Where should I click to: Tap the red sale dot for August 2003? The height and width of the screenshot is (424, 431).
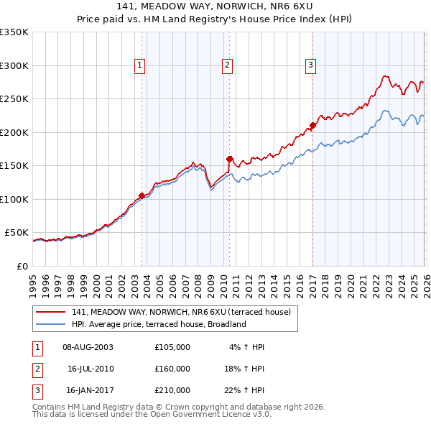142,195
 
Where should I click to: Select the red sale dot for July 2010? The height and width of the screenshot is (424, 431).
229,159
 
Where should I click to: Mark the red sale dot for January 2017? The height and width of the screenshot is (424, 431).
312,126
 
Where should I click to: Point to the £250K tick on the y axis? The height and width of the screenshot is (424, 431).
14,99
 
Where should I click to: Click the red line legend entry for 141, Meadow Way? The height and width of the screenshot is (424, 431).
180,312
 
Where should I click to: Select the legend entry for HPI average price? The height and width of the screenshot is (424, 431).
158,324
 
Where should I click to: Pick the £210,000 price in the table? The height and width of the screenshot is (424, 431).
172,390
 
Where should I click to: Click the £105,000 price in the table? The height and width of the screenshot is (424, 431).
172,347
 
